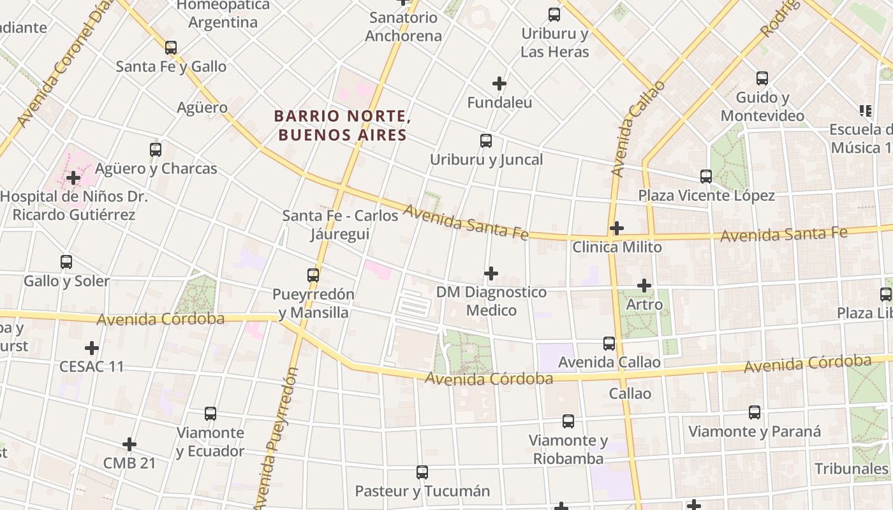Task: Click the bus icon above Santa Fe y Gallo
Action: [x=170, y=48]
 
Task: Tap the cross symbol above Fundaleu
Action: [x=499, y=84]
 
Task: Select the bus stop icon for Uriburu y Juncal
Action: [x=486, y=141]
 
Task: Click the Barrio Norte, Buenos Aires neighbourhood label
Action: [x=342, y=126]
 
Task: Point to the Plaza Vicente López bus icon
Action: [x=705, y=177]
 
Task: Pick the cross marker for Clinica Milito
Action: [x=617, y=228]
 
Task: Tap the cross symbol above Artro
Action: [x=644, y=286]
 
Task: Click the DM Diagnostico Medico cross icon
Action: [x=491, y=273]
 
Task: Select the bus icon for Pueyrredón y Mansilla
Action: [x=313, y=275]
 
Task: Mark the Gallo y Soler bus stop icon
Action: [x=66, y=262]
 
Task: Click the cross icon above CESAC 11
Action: [x=92, y=348]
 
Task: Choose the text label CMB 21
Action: [x=129, y=463]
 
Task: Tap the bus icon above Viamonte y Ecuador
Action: [x=210, y=414]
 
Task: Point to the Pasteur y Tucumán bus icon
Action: [x=422, y=472]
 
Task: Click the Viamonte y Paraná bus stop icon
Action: [x=755, y=412]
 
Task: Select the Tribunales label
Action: [x=852, y=469]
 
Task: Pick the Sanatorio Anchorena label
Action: [x=403, y=27]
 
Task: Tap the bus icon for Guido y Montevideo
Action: [x=762, y=78]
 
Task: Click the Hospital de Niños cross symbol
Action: [x=73, y=178]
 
